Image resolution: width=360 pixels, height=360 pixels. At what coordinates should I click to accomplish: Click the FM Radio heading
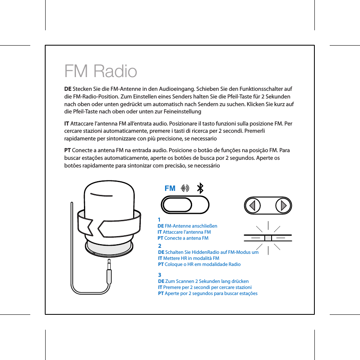pyautogui.click(x=100, y=72)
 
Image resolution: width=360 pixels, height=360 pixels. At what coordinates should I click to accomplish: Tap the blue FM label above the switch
pyautogui.click(x=170, y=188)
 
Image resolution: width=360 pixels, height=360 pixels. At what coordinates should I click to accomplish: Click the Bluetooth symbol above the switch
pyautogui.click(x=200, y=188)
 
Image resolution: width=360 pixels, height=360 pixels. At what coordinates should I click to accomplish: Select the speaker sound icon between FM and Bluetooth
pyautogui.click(x=185, y=188)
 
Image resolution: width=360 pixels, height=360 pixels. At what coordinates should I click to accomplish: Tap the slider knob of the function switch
pyautogui.click(x=176, y=205)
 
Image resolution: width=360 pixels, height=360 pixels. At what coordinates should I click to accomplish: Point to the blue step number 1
pyautogui.click(x=159, y=220)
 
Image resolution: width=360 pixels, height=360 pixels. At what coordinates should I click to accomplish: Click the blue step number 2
pyautogui.click(x=160, y=246)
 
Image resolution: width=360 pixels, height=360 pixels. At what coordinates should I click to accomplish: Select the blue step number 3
pyautogui.click(x=160, y=275)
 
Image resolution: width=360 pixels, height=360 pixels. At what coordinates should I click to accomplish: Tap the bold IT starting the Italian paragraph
pyautogui.click(x=67, y=123)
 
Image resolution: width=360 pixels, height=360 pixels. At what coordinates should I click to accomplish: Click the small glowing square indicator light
pyautogui.click(x=268, y=238)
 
